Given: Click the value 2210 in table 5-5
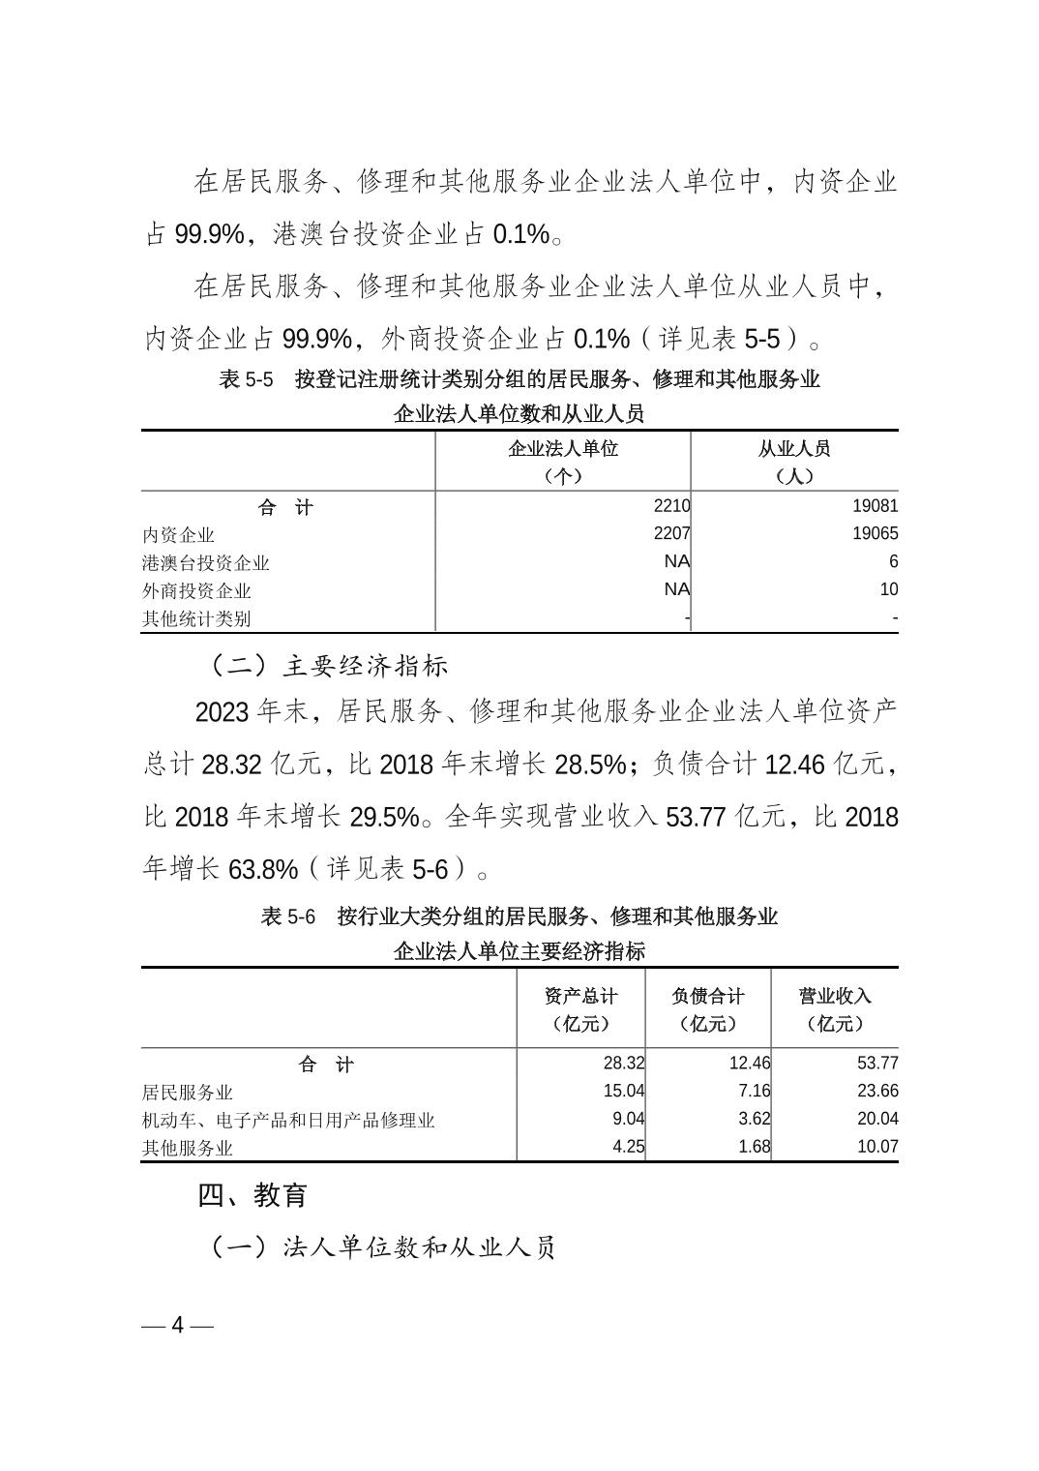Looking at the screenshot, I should [671, 505].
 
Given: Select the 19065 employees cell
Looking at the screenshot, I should [875, 533].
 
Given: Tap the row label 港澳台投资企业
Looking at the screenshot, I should [205, 562].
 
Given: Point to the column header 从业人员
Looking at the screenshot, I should [794, 449].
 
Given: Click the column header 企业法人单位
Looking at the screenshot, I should [563, 449].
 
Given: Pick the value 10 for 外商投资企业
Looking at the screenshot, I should [888, 589].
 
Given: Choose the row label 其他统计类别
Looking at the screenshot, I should [196, 618].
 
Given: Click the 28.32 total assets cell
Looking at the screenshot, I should [624, 1063].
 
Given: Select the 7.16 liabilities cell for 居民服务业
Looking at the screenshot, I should [752, 1091].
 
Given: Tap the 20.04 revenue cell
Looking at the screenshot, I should [877, 1119].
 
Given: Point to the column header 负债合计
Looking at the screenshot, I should [708, 996].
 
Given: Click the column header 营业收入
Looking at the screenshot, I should [835, 996].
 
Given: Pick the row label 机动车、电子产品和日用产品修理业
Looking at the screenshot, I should [288, 1120].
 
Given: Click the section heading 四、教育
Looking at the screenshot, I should [252, 1195].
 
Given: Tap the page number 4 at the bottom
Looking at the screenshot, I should [177, 1325].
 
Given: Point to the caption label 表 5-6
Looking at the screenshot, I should [288, 916].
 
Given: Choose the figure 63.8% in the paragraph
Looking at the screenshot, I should [263, 869].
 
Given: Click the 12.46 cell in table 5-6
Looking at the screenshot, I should [750, 1063].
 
